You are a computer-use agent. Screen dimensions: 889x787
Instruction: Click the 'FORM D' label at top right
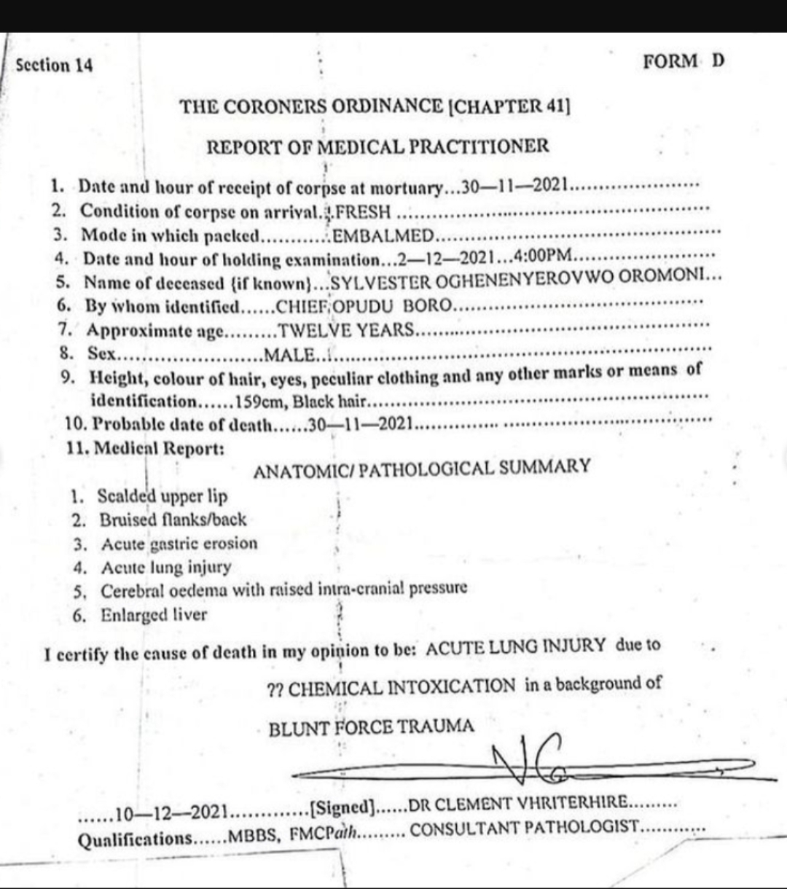(x=684, y=61)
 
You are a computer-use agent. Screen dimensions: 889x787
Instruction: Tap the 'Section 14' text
(x=55, y=66)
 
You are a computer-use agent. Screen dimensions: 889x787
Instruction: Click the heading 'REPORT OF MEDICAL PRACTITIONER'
(x=378, y=146)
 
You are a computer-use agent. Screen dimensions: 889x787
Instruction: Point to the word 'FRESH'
(x=363, y=213)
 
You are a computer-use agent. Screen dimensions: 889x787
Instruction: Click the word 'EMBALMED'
(x=383, y=235)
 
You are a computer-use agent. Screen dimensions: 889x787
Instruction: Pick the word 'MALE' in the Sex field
(x=290, y=355)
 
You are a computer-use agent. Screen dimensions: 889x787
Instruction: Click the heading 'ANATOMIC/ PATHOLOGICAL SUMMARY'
(x=422, y=469)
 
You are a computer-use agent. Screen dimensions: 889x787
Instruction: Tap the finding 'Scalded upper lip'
(x=163, y=497)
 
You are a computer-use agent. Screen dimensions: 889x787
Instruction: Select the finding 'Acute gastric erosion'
(x=179, y=544)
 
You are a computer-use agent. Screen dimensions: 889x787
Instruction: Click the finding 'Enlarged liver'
(x=154, y=615)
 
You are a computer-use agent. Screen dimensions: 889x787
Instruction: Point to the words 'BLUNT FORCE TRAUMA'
(x=371, y=727)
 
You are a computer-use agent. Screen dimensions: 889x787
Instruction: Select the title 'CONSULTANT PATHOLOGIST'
(x=525, y=829)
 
